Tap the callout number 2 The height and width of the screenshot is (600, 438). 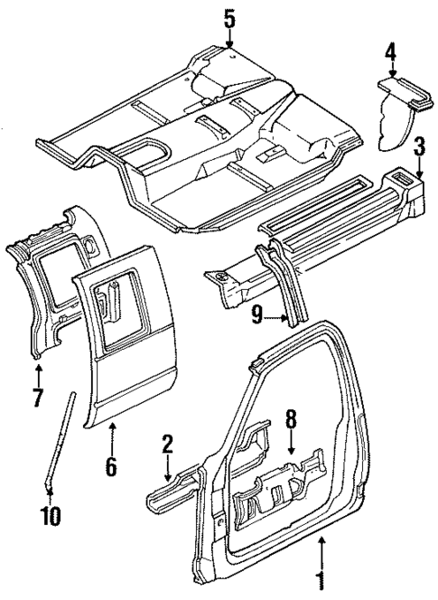point(167,445)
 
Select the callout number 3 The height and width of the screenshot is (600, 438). point(419,148)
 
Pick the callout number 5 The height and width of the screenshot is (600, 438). point(229,17)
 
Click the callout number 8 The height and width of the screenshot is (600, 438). point(291,420)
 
